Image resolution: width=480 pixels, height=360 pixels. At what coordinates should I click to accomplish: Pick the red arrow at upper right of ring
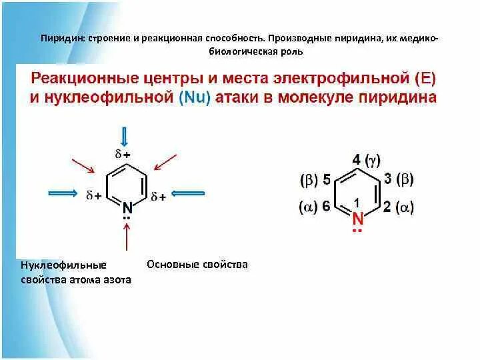pyautogui.click(x=164, y=163)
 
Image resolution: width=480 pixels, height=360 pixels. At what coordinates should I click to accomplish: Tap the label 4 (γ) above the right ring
pyautogui.click(x=366, y=160)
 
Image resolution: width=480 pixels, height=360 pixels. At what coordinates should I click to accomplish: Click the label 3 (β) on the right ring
pyautogui.click(x=400, y=180)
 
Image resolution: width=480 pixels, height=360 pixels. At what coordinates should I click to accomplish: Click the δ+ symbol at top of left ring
pyautogui.click(x=123, y=154)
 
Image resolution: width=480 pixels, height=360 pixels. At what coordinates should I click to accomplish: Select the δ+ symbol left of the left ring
pyautogui.click(x=93, y=196)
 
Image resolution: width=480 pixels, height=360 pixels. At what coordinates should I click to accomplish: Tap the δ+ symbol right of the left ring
pyautogui.click(x=158, y=196)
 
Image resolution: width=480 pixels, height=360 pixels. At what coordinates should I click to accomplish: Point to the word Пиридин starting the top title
pyautogui.click(x=58, y=38)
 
